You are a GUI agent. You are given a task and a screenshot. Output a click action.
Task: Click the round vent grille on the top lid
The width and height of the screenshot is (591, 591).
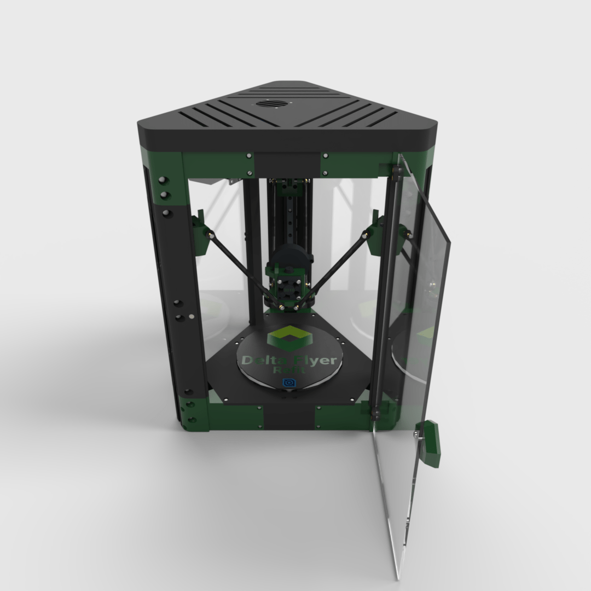point(268,104)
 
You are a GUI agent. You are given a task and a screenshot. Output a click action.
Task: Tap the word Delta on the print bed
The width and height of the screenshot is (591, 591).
point(261,360)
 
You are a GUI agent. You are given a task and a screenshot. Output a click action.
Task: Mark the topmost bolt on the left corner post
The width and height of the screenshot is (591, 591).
point(163,181)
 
